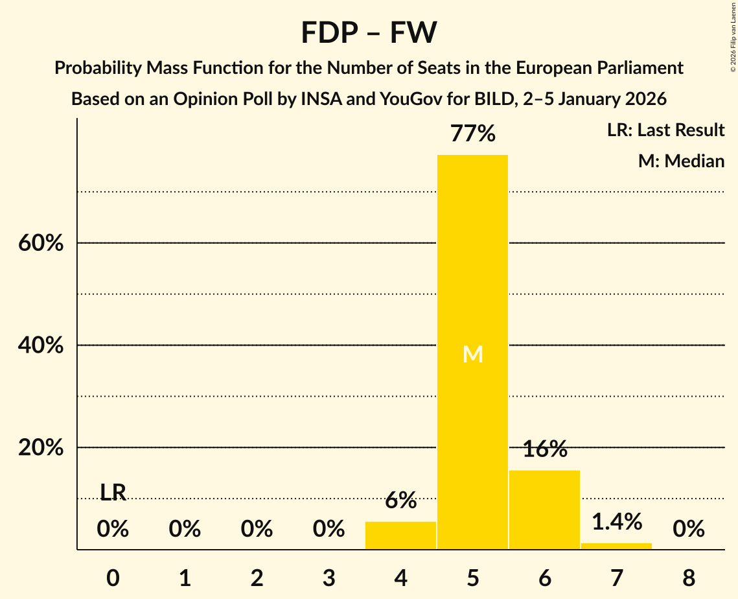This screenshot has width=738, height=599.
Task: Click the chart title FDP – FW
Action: click(369, 32)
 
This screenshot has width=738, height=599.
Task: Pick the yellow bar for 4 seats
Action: click(400, 535)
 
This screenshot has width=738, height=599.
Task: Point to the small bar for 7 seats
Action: click(616, 546)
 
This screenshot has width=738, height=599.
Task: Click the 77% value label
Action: click(472, 134)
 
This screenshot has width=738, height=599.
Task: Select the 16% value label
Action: click(544, 449)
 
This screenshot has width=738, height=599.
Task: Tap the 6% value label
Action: click(400, 500)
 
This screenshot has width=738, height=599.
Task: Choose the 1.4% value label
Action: click(616, 521)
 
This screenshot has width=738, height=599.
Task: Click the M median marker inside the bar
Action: click(472, 354)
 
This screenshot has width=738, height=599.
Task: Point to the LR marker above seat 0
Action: click(113, 493)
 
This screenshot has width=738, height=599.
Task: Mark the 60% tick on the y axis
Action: click(41, 243)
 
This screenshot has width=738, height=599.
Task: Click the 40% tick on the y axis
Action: click(41, 346)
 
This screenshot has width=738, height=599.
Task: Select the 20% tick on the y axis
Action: click(41, 448)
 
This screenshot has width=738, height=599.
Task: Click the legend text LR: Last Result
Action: click(665, 130)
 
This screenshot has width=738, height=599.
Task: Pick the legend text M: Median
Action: click(681, 161)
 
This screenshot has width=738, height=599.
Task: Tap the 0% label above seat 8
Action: click(688, 530)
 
